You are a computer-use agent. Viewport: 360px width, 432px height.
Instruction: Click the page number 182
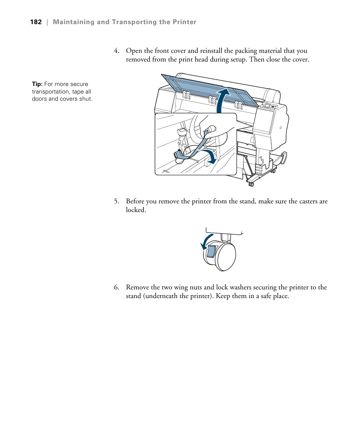click(36, 22)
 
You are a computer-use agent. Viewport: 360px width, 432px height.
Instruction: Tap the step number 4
click(117, 51)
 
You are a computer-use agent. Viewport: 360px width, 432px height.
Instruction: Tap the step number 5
click(117, 201)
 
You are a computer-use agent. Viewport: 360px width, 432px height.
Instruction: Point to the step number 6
click(117, 287)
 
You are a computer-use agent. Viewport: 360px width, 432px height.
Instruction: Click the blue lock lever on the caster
click(211, 251)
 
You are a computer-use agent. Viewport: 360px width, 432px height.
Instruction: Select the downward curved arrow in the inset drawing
click(209, 155)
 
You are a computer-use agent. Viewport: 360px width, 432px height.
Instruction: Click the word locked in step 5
click(135, 210)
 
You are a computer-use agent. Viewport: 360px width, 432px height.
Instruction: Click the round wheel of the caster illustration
click(226, 257)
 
